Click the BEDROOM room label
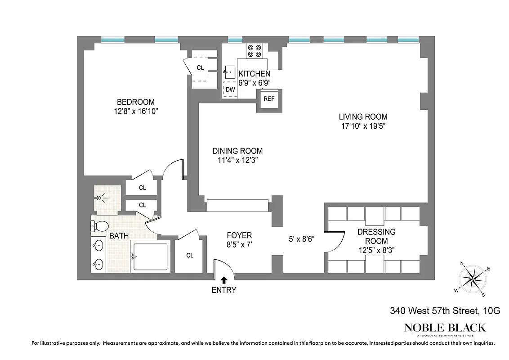136,102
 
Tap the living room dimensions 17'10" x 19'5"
363,126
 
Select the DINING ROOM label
237,151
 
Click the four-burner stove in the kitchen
254,50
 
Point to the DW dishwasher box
230,90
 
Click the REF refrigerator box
269,99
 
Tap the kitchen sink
230,71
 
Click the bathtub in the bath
150,256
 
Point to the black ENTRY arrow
224,280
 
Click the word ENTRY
224,290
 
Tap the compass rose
471,279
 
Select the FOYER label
239,235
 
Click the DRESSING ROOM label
376,236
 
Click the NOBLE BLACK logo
445,327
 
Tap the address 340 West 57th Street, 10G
445,310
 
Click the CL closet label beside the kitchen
200,68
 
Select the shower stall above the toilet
107,198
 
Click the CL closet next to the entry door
190,256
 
